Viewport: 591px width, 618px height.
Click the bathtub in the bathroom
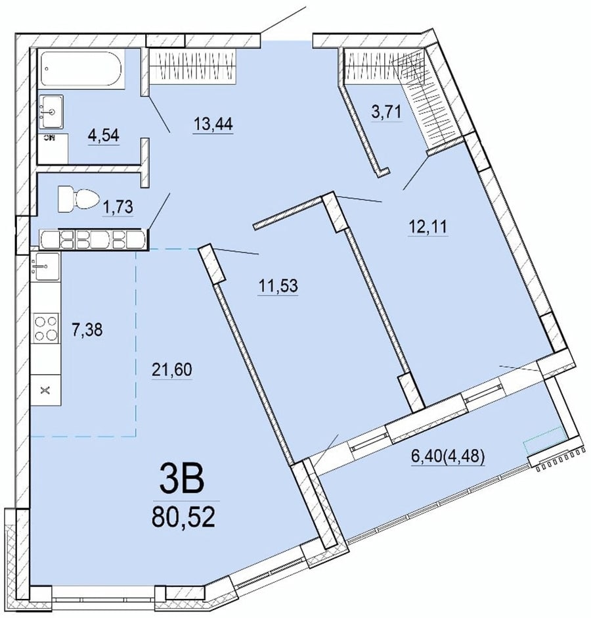pos(81,68)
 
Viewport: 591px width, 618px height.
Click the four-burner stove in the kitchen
pos(47,327)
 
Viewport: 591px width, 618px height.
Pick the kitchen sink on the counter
pos(45,266)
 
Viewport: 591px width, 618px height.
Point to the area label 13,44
pos(213,124)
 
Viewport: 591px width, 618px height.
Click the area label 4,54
pos(104,135)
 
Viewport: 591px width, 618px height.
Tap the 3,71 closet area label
pos(387,112)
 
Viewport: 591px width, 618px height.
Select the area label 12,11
pos(428,227)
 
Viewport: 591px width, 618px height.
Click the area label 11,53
pos(278,285)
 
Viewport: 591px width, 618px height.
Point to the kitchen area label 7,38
pos(87,329)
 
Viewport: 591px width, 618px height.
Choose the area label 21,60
pos(171,370)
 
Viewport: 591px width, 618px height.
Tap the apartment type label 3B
pos(181,479)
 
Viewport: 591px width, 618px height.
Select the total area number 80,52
pos(183,517)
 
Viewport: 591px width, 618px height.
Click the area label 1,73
pos(118,206)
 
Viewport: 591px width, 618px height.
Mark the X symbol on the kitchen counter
pos(46,391)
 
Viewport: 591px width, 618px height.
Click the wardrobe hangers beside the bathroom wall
pos(192,66)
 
